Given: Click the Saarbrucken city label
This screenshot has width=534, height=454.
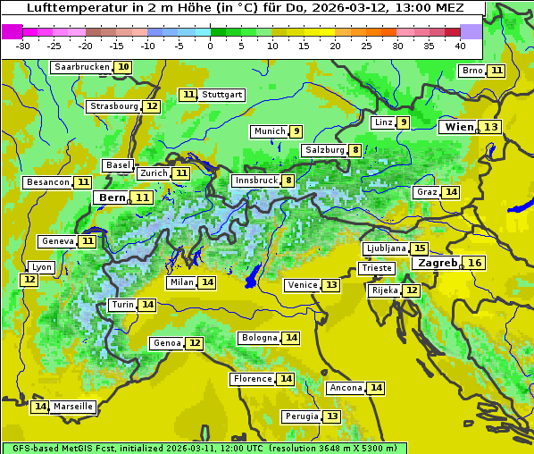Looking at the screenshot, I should point(81,67).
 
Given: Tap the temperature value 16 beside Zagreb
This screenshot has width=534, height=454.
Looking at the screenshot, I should point(475,263).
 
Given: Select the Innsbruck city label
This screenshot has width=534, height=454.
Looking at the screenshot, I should point(255,181).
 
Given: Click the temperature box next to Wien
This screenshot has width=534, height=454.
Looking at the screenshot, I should point(491,127).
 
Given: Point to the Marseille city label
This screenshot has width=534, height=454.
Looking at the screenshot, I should point(73,407).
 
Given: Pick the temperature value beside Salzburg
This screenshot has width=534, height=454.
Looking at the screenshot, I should point(355,150).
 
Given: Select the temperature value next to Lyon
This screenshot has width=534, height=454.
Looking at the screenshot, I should point(29,280).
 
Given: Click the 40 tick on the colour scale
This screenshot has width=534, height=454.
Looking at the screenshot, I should point(460,46).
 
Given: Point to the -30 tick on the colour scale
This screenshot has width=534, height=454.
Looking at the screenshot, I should point(23,46).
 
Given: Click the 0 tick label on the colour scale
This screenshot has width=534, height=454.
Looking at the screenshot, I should point(211,46).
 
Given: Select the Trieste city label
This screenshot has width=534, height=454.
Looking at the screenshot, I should point(375,268).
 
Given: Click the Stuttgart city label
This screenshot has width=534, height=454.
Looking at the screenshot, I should point(222,95).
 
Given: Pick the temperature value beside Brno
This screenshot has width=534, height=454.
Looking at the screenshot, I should point(496,71).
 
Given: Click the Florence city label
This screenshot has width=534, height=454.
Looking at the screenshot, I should point(253,379).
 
